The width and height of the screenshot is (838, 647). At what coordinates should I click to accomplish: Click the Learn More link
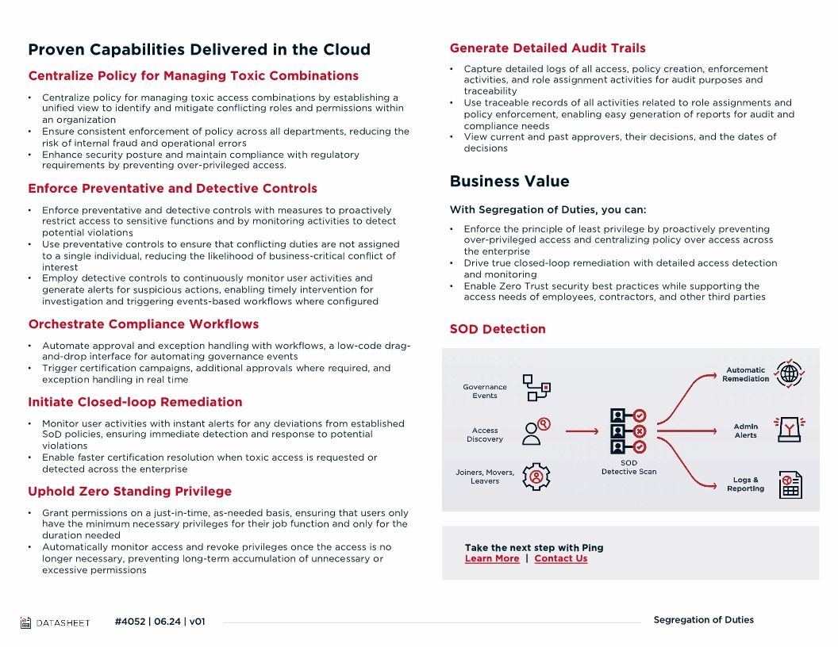pos(492,559)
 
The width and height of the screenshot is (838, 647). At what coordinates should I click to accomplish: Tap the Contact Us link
pos(561,559)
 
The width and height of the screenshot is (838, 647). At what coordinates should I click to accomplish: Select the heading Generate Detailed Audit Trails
pos(548,48)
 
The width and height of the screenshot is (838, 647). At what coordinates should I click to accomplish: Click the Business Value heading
pos(509,182)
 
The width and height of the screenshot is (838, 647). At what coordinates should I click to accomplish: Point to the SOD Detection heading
pos(498,329)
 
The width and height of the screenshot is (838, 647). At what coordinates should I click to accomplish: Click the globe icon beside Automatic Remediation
pos(790,373)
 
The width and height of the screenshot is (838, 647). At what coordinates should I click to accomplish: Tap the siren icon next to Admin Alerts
pos(790,430)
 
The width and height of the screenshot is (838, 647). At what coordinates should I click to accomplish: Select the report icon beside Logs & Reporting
pos(790,484)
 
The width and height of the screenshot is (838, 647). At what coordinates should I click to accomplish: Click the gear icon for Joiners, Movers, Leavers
pos(537,477)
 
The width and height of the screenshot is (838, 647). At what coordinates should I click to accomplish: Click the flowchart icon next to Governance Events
pos(536,388)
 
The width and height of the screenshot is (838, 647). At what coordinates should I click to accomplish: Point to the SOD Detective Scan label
pos(629,467)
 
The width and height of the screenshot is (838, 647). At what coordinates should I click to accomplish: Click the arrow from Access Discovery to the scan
pos(582,431)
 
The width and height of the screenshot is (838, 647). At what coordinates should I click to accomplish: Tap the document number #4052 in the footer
pos(130,622)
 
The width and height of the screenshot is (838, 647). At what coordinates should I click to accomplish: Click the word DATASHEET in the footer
pos(63,622)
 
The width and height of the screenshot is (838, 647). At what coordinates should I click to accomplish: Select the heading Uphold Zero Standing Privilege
pos(130,492)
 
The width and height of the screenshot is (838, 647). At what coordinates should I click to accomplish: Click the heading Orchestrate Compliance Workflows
pos(144,324)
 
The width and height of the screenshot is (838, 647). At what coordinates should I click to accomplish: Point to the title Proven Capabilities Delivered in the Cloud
pos(199,49)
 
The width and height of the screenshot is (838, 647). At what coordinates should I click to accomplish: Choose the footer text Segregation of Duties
pos(703,620)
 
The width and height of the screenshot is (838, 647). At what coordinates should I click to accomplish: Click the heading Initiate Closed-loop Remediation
pos(136,402)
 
